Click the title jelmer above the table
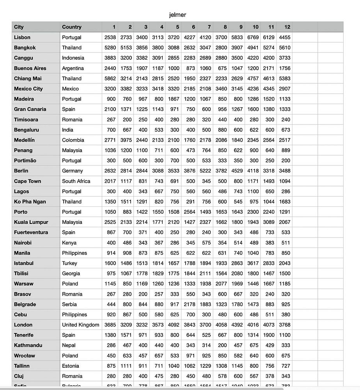[177, 15]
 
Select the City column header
[19, 27]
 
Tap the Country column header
[71, 27]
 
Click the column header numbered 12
[287, 27]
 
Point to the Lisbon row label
[22, 37]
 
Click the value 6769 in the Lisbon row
[253, 37]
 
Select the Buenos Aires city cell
[30, 68]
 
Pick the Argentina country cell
[73, 68]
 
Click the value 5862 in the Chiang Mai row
[110, 78]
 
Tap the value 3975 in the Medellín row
[126, 140]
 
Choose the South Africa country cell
[76, 181]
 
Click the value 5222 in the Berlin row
[205, 171]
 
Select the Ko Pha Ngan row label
[30, 202]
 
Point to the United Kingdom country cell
[81, 325]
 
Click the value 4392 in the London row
[237, 325]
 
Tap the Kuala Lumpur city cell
[31, 222]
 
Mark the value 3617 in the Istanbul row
[253, 263]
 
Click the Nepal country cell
[69, 345]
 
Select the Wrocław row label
[25, 356]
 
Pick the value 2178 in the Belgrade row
[189, 304]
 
